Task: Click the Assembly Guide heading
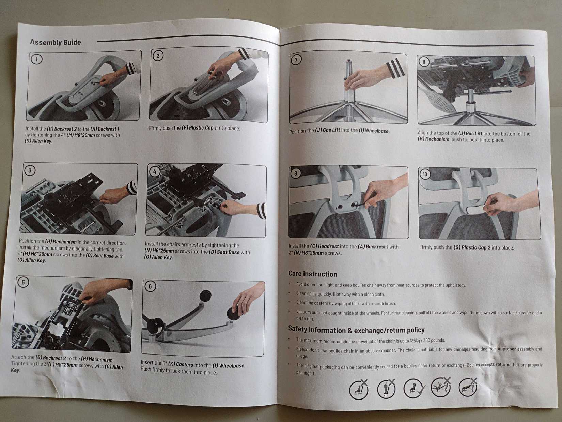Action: [55, 42]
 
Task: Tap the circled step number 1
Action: [36, 59]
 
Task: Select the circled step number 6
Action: [150, 286]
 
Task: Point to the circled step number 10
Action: [425, 175]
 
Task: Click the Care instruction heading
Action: [312, 274]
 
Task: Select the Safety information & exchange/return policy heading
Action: [356, 330]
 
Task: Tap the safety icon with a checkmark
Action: [413, 388]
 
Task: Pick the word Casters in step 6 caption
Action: [184, 364]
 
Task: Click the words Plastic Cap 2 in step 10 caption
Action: [476, 247]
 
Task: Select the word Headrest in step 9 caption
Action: [328, 246]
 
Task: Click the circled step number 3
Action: [30, 170]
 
